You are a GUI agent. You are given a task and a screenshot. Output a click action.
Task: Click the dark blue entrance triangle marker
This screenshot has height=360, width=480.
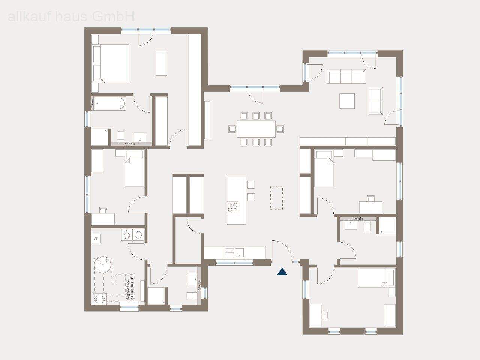(x=282, y=272)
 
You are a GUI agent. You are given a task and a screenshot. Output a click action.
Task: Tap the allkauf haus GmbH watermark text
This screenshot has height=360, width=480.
(x=71, y=16)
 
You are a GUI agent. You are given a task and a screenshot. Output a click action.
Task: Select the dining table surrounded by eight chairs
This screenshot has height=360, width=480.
(x=256, y=129)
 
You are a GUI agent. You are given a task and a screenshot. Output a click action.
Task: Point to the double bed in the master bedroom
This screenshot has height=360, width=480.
(x=111, y=63)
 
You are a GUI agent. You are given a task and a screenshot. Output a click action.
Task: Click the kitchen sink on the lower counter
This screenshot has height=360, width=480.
(x=238, y=252)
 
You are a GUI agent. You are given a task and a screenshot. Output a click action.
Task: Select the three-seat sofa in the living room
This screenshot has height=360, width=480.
(x=346, y=76)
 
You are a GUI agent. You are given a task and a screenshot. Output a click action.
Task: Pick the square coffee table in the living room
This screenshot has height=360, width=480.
(x=347, y=100)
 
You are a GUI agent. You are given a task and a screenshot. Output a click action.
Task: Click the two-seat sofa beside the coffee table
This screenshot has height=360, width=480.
(x=376, y=100)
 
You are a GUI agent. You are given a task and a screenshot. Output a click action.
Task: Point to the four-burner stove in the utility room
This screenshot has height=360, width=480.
(x=100, y=299)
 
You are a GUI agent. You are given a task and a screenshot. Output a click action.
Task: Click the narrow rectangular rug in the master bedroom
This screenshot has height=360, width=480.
(x=162, y=63)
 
